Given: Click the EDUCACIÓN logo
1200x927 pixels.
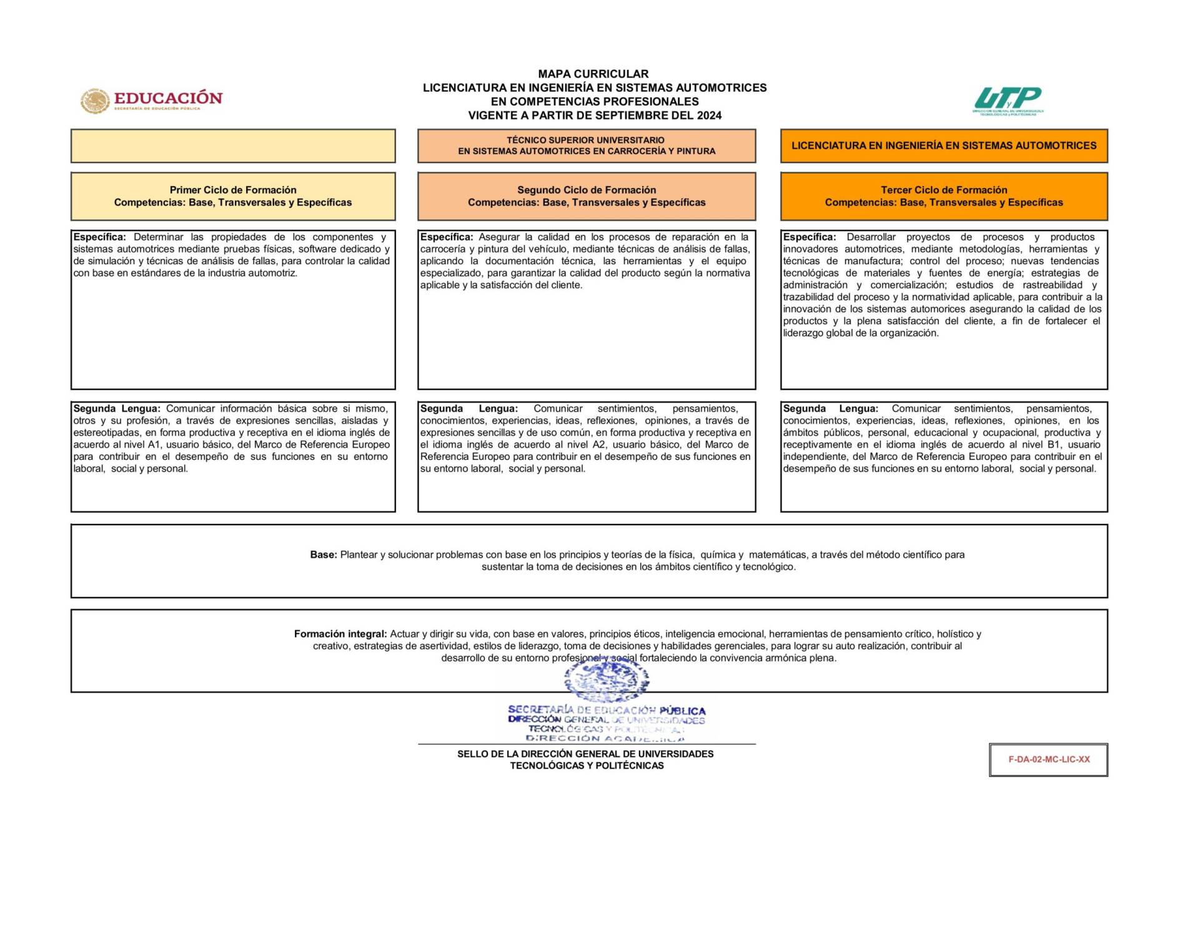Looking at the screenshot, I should [x=152, y=100].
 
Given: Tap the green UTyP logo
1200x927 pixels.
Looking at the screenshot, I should [x=1007, y=100].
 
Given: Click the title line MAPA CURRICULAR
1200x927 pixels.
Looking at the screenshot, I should [x=593, y=74].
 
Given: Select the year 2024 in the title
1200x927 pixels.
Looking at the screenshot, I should [x=709, y=116].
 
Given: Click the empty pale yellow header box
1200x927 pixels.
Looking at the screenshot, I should [x=233, y=146].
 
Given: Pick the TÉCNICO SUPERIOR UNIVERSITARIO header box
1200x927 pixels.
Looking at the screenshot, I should [x=586, y=146].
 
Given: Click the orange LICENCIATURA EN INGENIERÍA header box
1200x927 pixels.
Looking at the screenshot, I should [x=943, y=146].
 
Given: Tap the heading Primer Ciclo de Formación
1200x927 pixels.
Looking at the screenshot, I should [x=233, y=190].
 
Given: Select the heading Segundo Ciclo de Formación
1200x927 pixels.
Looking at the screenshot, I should [x=586, y=190].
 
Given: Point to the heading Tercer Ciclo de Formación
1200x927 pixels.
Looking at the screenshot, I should [x=943, y=190].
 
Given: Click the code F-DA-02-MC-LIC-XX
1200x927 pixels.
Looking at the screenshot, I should [x=1049, y=760].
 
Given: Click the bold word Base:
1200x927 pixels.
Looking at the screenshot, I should [x=323, y=555].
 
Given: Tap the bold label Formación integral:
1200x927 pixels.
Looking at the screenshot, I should [x=340, y=634].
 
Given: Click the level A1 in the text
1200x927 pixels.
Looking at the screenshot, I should [x=154, y=445].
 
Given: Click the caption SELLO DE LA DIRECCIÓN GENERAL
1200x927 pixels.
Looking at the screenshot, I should [x=585, y=754].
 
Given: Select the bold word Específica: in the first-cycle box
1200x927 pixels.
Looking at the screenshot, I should [x=99, y=237].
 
